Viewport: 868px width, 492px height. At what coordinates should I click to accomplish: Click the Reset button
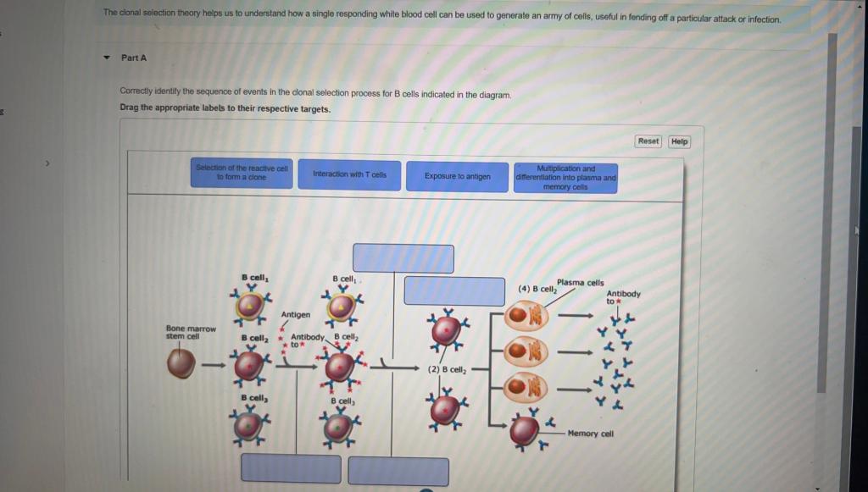click(648, 141)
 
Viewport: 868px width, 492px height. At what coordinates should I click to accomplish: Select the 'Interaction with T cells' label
click(349, 174)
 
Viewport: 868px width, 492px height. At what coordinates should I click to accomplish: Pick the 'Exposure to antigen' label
click(458, 177)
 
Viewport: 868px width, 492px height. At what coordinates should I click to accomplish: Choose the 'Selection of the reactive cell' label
click(242, 173)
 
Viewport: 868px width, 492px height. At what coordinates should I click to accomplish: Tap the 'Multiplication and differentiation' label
click(565, 178)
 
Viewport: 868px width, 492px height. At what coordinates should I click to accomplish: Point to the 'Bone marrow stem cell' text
click(191, 332)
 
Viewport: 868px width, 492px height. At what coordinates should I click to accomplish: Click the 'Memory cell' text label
click(590, 434)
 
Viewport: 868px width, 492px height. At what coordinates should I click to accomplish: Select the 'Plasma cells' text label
click(581, 283)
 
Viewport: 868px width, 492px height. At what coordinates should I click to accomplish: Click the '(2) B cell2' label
click(447, 369)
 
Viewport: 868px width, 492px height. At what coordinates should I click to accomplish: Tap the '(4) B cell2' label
click(537, 290)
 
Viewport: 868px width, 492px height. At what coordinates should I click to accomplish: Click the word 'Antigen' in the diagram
click(295, 314)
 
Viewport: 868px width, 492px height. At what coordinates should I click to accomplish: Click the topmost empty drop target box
click(403, 258)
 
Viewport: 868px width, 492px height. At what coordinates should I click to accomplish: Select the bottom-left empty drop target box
click(291, 468)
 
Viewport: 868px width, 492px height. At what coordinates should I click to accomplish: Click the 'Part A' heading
click(133, 58)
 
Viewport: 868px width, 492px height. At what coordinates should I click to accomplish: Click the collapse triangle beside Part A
click(107, 58)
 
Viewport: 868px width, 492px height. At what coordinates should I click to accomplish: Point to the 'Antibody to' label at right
click(623, 297)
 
